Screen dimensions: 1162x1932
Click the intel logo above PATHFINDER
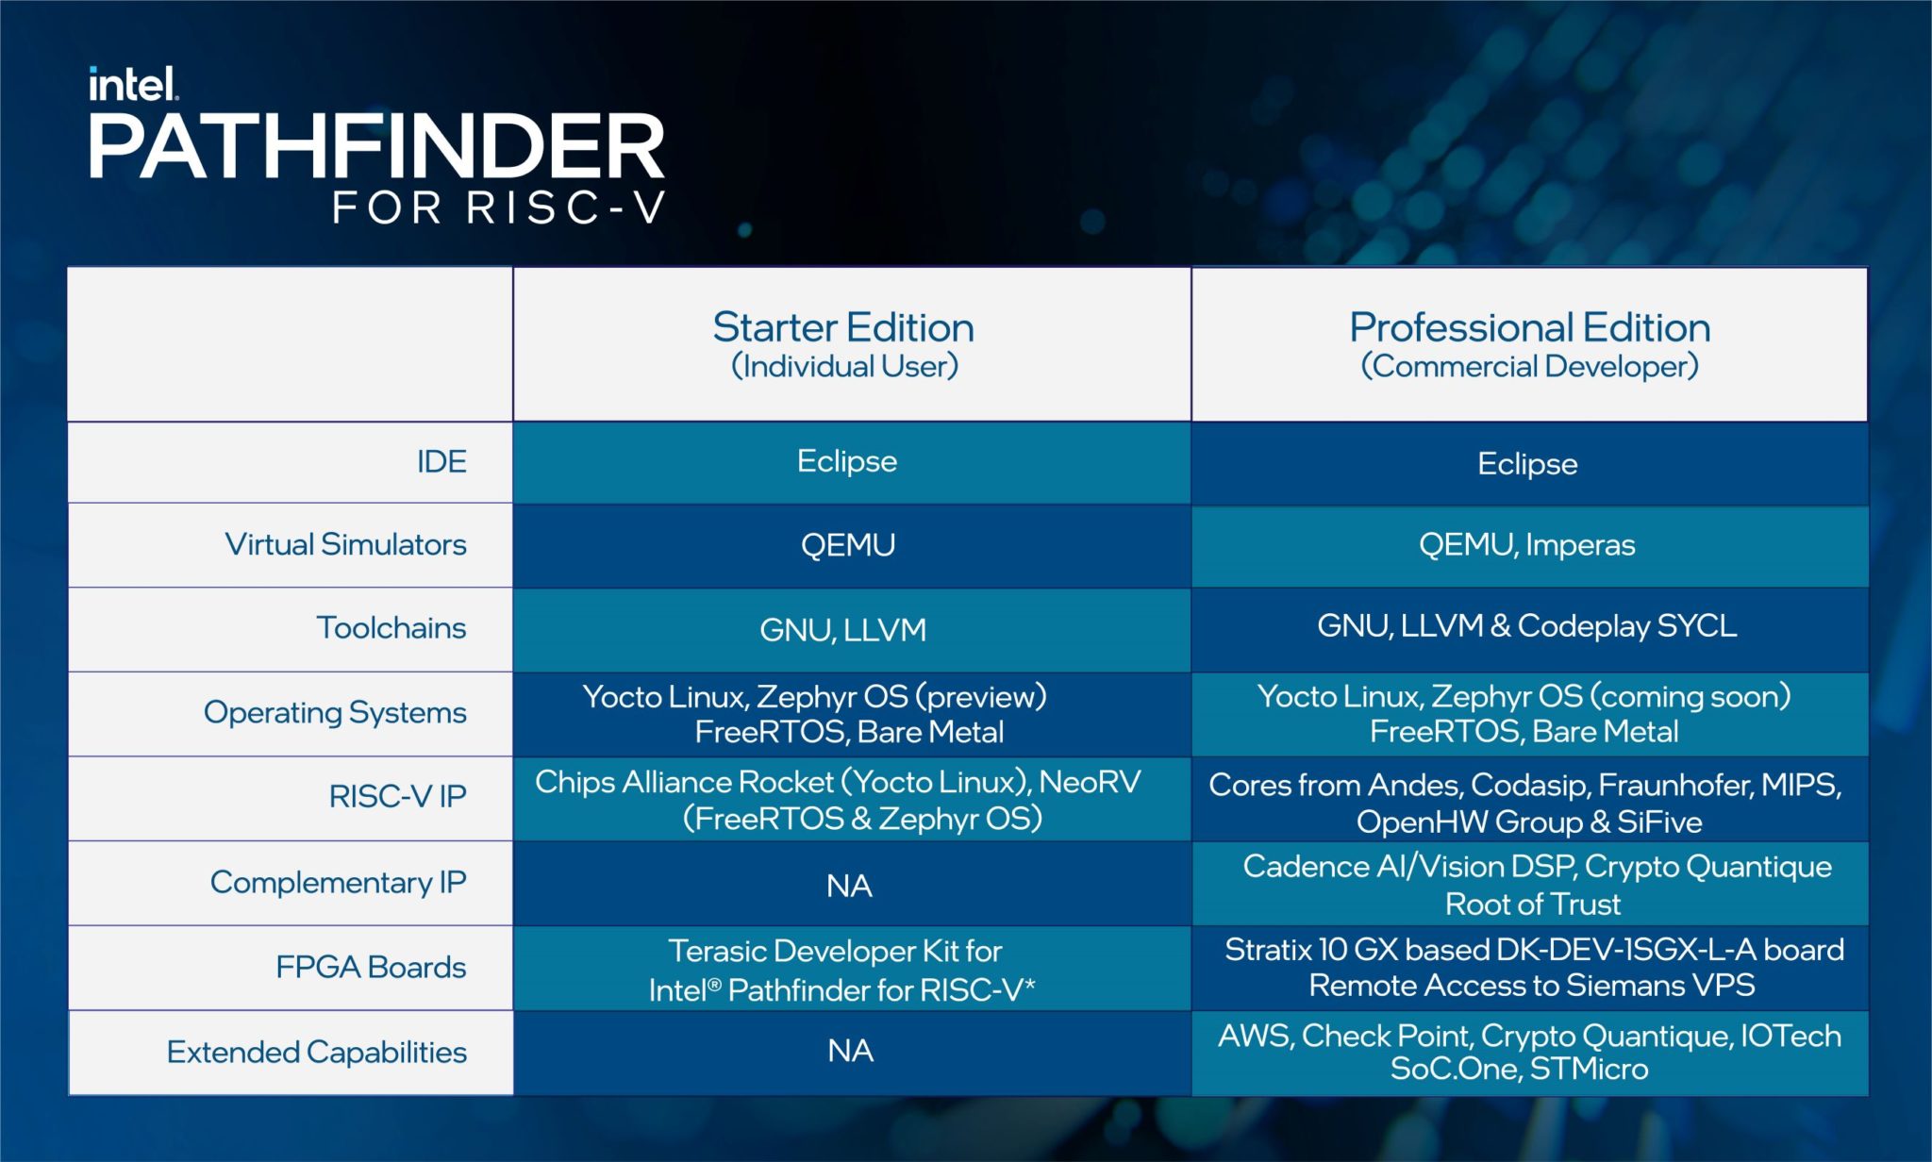[132, 85]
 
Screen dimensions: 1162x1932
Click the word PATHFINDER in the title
[376, 147]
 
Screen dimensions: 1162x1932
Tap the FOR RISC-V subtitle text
[499, 208]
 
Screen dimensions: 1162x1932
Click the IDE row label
[441, 462]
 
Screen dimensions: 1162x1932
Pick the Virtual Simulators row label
[345, 545]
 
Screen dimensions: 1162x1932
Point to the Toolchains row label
[391, 628]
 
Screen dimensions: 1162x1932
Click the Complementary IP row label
[338, 883]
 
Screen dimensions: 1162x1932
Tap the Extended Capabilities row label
[316, 1053]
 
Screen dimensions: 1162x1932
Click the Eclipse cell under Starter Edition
[847, 461]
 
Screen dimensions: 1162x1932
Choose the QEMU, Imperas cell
[1527, 545]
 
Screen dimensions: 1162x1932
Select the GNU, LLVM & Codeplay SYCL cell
[1527, 626]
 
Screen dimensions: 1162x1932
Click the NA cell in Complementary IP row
[849, 887]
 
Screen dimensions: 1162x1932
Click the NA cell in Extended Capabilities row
[850, 1052]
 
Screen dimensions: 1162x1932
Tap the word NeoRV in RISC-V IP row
[1090, 782]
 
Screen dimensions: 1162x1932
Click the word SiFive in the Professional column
[1659, 822]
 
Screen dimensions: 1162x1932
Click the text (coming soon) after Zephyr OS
[1690, 696]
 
